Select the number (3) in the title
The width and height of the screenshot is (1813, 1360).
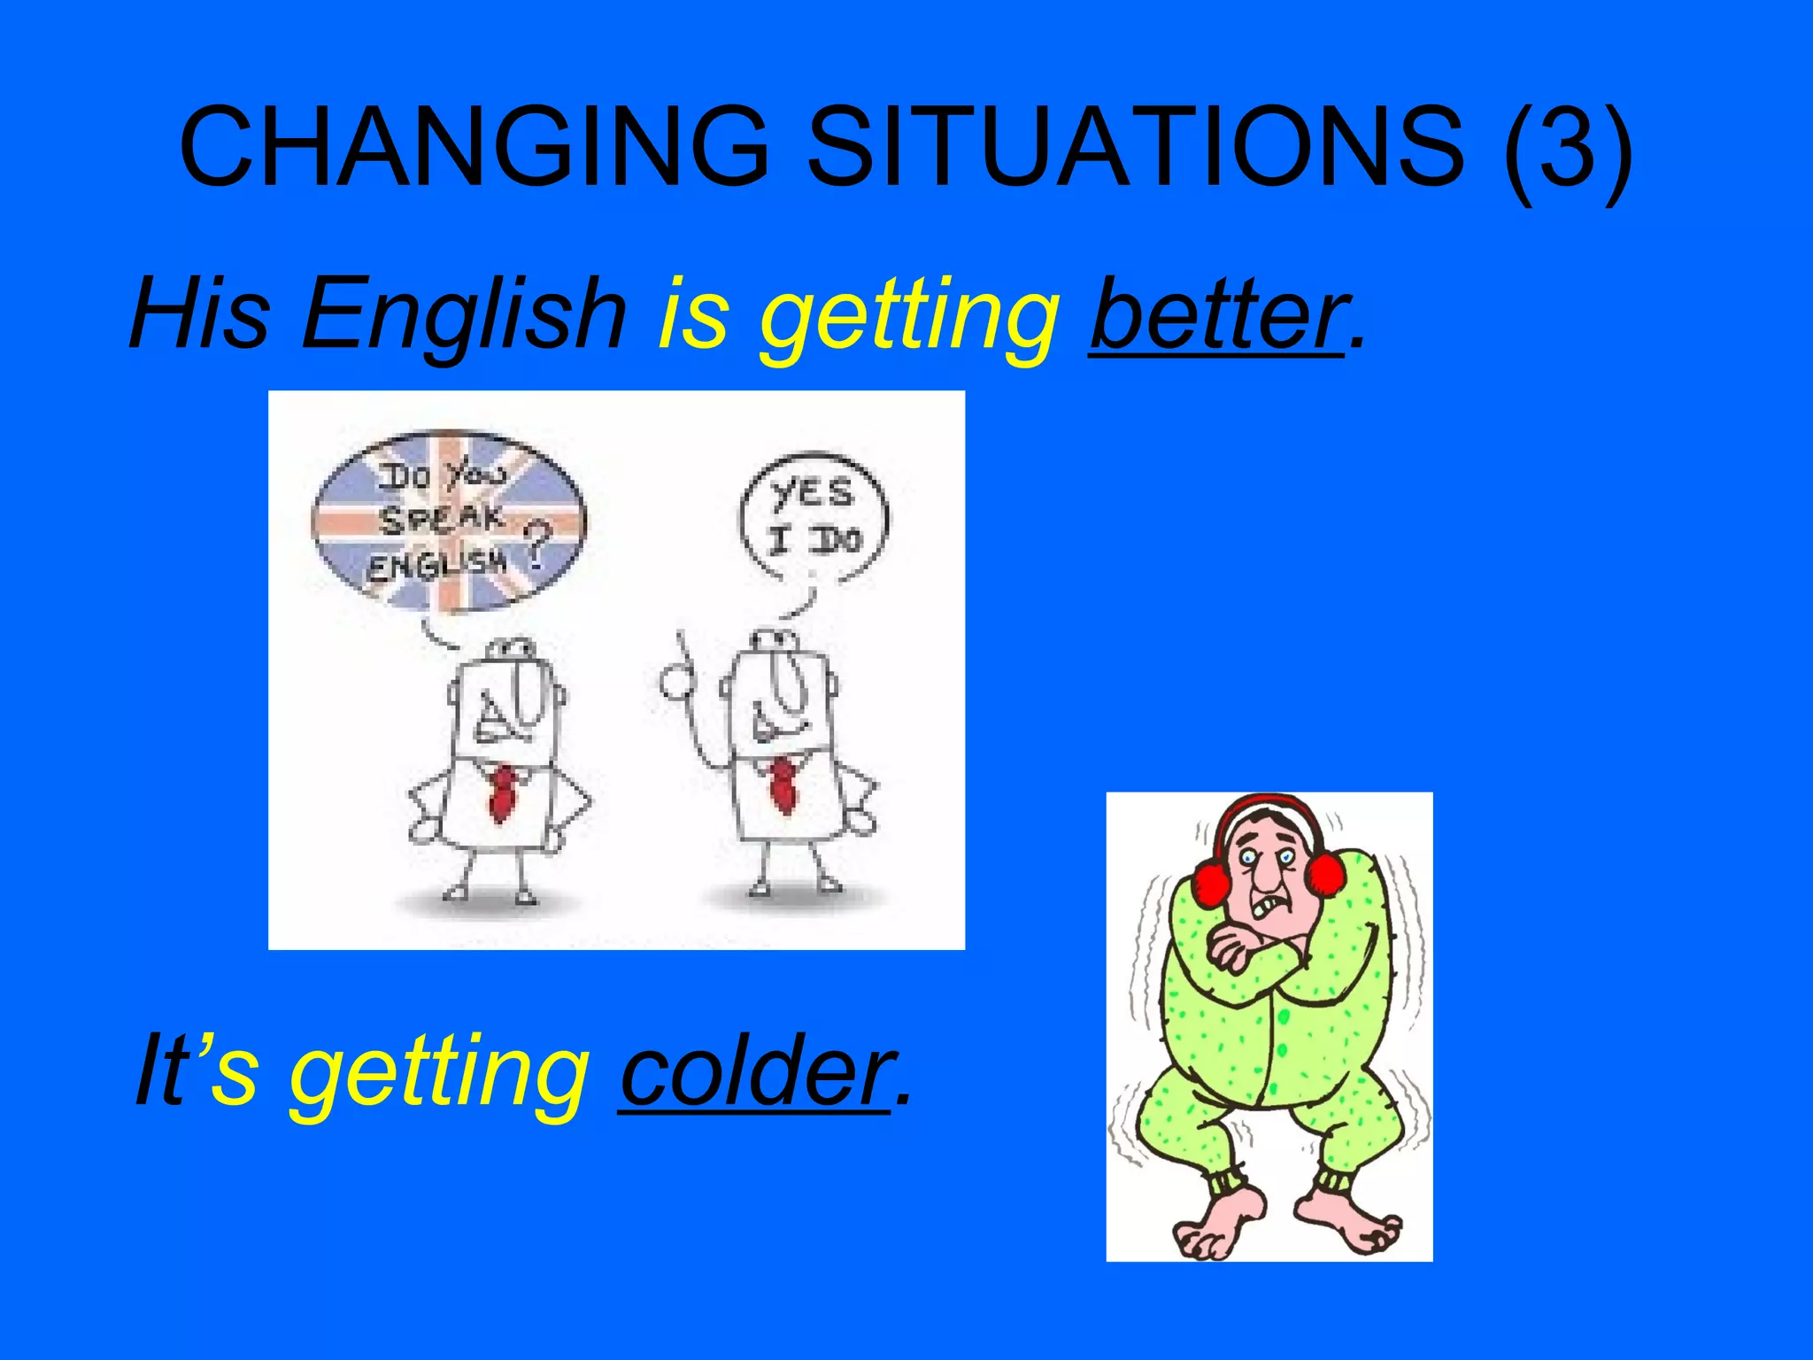[x=1567, y=149]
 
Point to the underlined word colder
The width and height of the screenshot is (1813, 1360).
[x=755, y=1071]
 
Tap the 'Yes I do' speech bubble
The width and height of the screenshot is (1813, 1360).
[x=814, y=518]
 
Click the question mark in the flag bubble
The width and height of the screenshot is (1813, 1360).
[x=537, y=545]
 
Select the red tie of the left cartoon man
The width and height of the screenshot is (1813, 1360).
[x=503, y=792]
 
